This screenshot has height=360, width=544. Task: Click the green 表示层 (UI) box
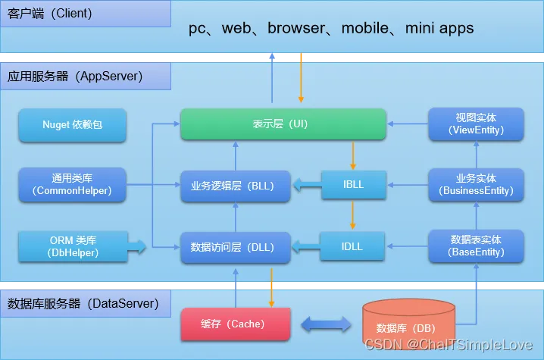point(283,124)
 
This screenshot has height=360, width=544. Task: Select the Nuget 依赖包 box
point(72,124)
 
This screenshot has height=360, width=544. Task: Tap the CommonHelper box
point(72,184)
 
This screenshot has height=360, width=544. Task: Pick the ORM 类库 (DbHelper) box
point(73,246)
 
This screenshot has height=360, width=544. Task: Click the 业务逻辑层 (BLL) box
point(235,186)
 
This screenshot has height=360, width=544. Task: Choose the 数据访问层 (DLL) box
point(235,247)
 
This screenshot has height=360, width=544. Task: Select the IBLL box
point(354,184)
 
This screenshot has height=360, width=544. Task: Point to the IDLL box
point(352,246)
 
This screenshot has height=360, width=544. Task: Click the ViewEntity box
point(476,124)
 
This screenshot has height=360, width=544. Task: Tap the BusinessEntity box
point(476,184)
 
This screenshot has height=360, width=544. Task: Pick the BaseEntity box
point(476,246)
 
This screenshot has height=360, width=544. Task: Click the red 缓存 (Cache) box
point(235,324)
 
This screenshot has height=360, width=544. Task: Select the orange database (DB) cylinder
point(408,324)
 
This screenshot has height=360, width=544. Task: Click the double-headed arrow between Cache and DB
point(326,324)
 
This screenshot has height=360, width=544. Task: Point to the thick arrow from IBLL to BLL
point(308,185)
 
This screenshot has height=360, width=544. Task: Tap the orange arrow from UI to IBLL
point(353,155)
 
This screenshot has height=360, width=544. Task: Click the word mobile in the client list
point(365,28)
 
